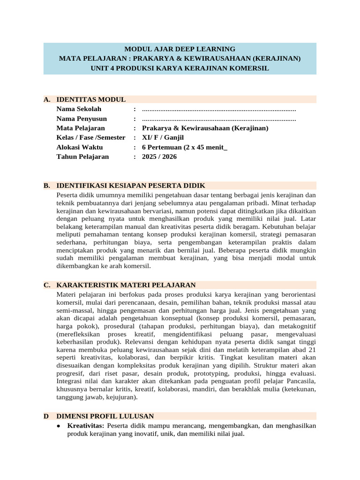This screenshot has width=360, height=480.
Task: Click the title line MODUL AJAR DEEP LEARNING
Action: click(x=180, y=49)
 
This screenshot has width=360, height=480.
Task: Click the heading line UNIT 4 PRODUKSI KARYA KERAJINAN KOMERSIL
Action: click(x=180, y=68)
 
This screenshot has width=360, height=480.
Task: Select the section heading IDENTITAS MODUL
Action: click(x=91, y=99)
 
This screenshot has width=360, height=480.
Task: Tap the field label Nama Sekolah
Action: click(x=79, y=109)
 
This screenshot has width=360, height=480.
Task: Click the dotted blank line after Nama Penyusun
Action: click(x=219, y=119)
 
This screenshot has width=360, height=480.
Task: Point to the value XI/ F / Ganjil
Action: click(x=163, y=137)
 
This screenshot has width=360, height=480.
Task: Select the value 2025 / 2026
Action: click(x=159, y=157)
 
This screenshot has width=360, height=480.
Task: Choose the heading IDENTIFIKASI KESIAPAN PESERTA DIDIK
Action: click(x=131, y=186)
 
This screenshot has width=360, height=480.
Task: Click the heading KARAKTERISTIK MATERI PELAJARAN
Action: click(x=126, y=285)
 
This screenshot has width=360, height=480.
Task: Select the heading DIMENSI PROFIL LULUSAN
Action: click(x=105, y=416)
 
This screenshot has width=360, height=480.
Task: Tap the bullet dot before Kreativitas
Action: click(x=58, y=426)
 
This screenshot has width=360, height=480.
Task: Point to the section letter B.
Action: click(x=46, y=186)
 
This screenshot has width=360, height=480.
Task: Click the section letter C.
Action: click(x=46, y=285)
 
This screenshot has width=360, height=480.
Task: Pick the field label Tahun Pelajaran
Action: click(x=82, y=157)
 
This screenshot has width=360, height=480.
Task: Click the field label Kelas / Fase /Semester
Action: click(x=91, y=137)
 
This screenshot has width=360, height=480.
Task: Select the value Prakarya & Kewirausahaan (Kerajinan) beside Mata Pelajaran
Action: click(x=205, y=128)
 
